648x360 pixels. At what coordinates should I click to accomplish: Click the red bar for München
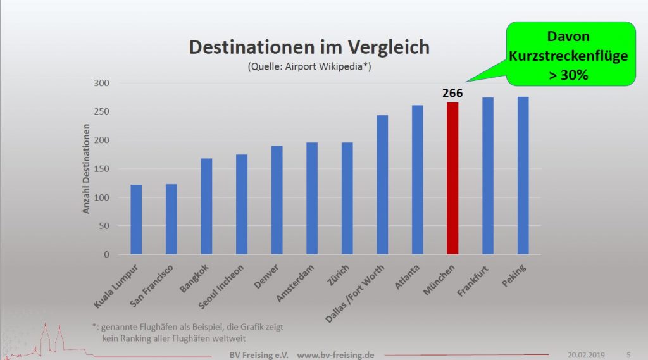click(452, 178)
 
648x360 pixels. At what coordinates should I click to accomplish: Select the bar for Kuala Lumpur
click(136, 220)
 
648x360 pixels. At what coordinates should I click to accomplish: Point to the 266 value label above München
click(452, 93)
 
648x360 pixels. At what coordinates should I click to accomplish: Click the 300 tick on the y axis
click(101, 83)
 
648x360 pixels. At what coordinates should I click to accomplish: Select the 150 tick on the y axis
click(101, 169)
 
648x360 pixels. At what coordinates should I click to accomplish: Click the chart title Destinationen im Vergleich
click(309, 47)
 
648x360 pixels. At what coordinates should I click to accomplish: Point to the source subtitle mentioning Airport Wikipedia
click(309, 66)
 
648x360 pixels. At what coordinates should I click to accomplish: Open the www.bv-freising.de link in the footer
click(335, 355)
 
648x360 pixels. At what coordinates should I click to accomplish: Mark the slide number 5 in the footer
click(628, 355)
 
